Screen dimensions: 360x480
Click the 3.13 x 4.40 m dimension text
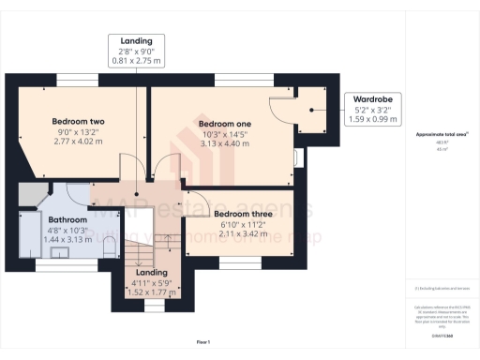[225, 144]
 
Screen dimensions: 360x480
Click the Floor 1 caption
[203, 343]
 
